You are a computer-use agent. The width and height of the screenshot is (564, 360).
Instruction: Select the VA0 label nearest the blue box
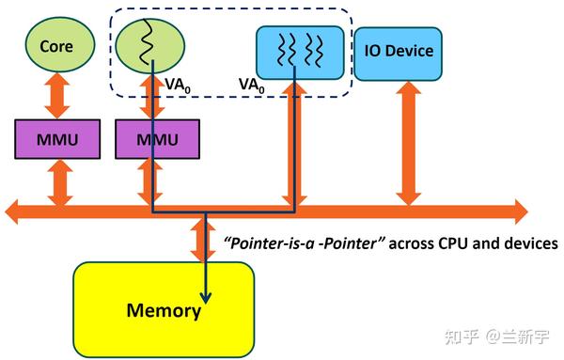[x=251, y=84]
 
